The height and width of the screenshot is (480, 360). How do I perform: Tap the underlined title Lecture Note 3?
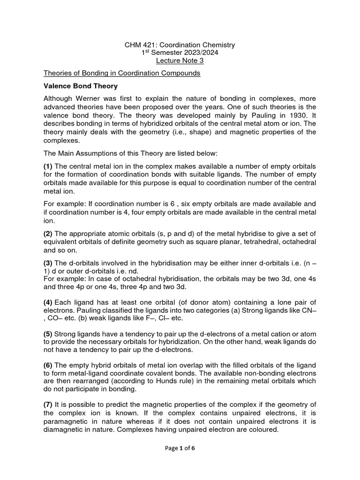pyautogui.click(x=180, y=61)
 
